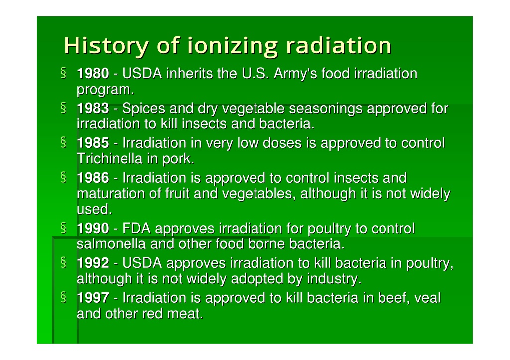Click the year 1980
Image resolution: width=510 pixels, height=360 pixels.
click(x=93, y=74)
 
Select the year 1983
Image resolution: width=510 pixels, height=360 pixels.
click(x=93, y=108)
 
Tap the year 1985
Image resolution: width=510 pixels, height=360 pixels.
click(x=93, y=143)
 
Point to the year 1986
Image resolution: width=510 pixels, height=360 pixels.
click(x=93, y=178)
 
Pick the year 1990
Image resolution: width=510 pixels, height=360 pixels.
click(x=93, y=228)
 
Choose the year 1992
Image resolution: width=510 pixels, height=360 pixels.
click(x=93, y=263)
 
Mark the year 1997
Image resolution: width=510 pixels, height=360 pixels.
click(x=93, y=298)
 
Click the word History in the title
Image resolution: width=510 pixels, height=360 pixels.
click(x=107, y=46)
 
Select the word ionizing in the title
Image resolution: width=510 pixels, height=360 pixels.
click(x=233, y=46)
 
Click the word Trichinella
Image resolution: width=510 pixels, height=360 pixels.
click(x=110, y=159)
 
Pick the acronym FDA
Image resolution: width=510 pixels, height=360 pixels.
click(x=136, y=228)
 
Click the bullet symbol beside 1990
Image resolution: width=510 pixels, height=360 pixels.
click(x=63, y=228)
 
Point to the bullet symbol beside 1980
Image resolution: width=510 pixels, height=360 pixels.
click(x=63, y=73)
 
